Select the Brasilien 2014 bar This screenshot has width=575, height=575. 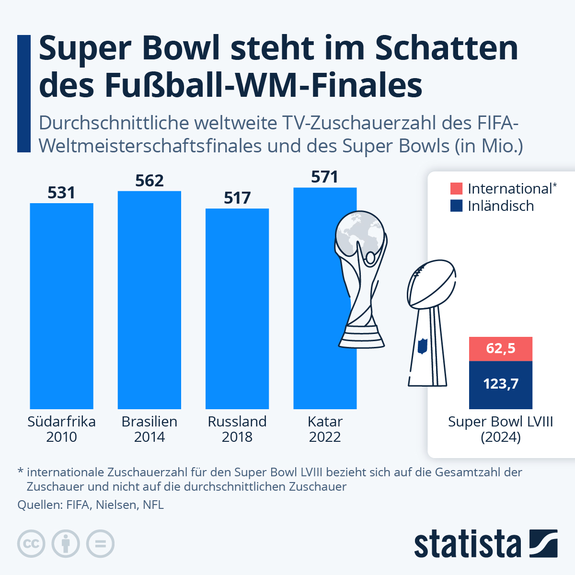click(149, 300)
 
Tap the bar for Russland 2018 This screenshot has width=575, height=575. click(237, 309)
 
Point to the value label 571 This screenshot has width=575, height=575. click(325, 177)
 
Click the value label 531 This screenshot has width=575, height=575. click(61, 193)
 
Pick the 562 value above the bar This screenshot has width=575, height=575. click(149, 181)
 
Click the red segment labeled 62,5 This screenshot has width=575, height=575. click(501, 348)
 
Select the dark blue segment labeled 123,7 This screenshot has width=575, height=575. click(501, 384)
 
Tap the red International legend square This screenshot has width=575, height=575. click(457, 188)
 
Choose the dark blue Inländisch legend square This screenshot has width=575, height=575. click(457, 206)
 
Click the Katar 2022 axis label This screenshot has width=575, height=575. click(325, 429)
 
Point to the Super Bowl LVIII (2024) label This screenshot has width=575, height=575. click(501, 429)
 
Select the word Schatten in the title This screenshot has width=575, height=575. click(447, 48)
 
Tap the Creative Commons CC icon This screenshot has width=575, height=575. click(31, 544)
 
